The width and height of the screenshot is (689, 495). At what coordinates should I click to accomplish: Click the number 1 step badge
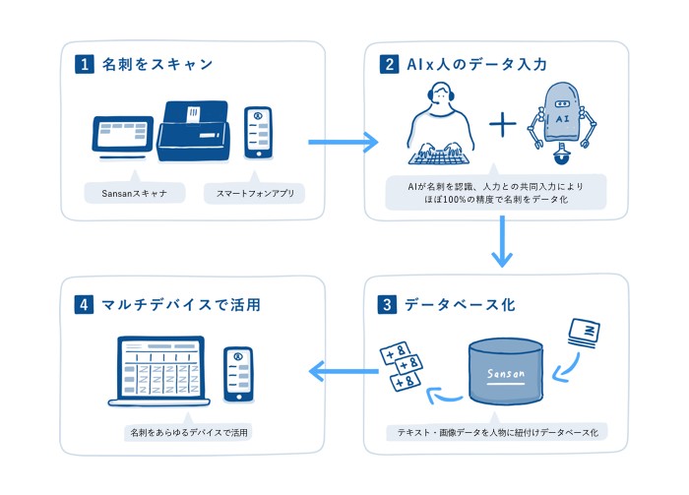tap(84, 66)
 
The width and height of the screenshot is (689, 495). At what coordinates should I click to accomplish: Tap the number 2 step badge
tap(389, 66)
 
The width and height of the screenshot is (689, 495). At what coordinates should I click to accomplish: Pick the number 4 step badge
tap(84, 304)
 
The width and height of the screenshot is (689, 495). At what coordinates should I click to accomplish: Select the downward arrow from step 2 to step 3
tap(503, 241)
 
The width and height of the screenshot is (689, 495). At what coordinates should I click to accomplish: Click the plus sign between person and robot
tap(503, 125)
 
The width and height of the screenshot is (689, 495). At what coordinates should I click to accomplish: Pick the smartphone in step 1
tap(258, 132)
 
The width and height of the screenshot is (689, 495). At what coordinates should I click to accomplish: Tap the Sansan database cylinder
tap(506, 372)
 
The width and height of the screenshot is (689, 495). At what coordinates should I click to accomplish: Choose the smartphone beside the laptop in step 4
tap(236, 373)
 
